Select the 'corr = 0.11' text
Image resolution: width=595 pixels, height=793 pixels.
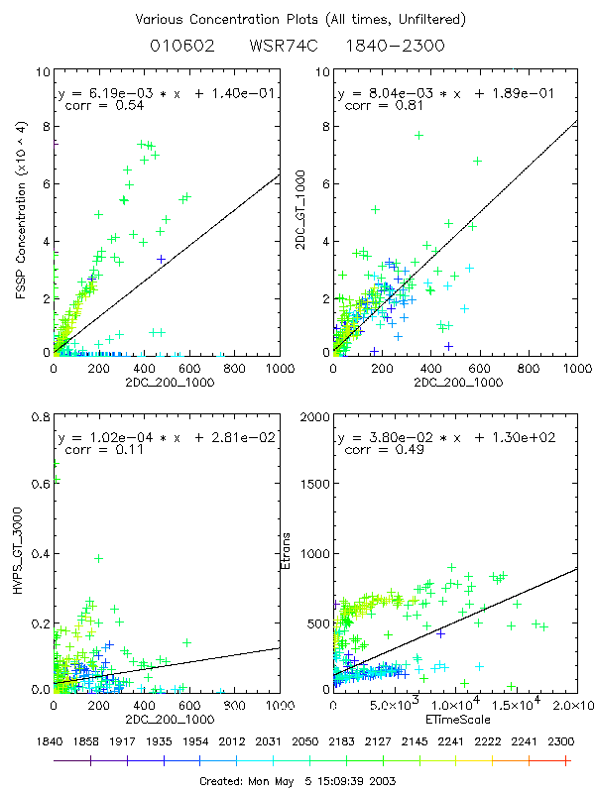coord(95,449)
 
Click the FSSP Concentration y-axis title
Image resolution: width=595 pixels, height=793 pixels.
coord(20,212)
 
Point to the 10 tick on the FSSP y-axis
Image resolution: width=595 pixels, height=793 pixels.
coord(40,73)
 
